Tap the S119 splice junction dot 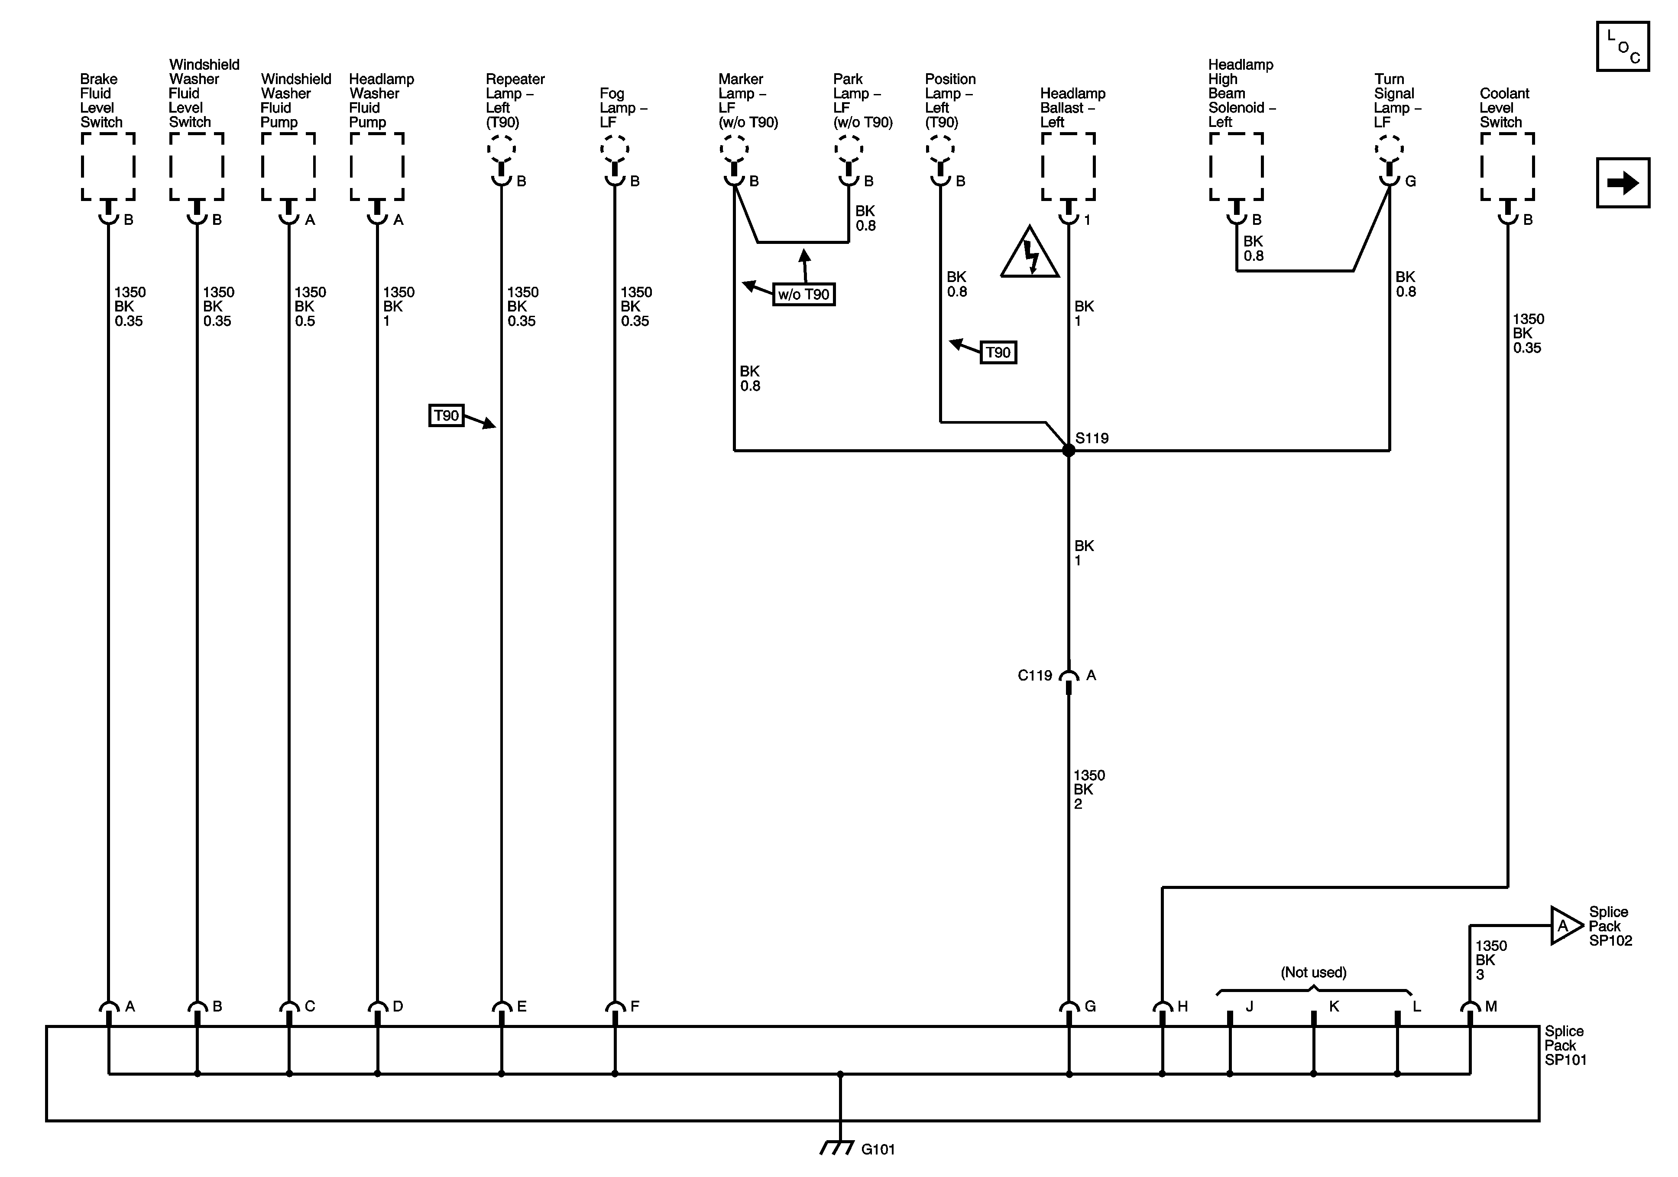pos(1069,451)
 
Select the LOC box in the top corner pos(1623,47)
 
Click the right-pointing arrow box pos(1623,183)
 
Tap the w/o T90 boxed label pos(803,295)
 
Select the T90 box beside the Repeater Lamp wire pos(446,416)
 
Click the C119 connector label pos(1035,675)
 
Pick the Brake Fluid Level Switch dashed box pos(108,167)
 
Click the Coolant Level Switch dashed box pos(1507,167)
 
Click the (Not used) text pos(1313,972)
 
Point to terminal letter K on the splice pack pos(1334,1007)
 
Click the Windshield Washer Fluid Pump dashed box pos(288,167)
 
